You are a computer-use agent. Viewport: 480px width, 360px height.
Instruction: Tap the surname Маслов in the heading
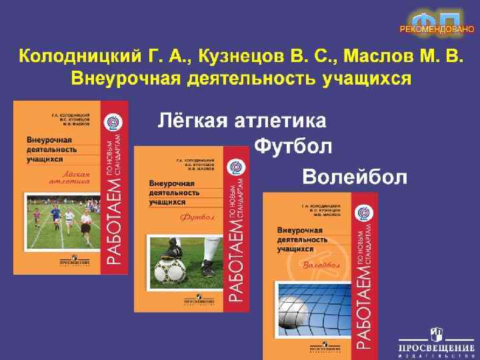tap(387, 57)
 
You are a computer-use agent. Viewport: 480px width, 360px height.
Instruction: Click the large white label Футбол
tap(294, 146)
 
